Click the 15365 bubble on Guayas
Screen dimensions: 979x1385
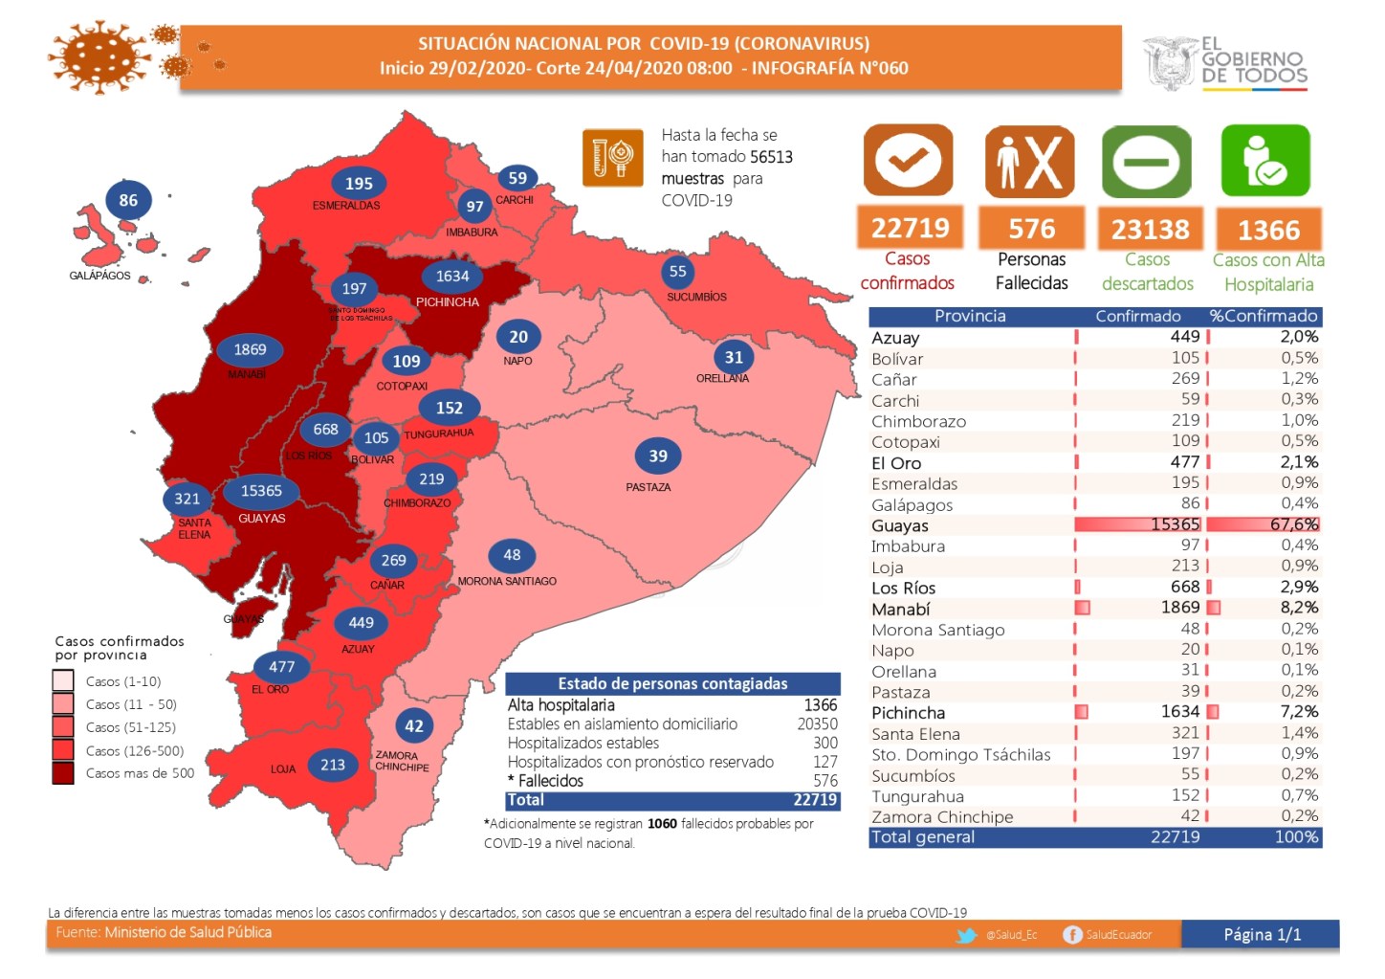coord(261,491)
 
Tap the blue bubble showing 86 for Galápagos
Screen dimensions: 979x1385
coord(128,200)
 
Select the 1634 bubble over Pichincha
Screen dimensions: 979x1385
coord(452,277)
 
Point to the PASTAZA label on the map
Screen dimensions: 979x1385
coord(649,487)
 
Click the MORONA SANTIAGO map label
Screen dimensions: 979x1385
coord(507,581)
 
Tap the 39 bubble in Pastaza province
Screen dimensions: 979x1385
coord(658,456)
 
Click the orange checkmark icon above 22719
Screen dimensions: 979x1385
coord(909,161)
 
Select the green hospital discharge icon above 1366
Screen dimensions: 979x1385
coord(1265,161)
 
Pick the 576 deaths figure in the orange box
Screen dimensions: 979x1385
coord(1031,229)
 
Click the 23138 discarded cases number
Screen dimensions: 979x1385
coord(1150,230)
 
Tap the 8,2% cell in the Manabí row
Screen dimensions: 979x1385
coord(1300,608)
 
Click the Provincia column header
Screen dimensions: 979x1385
coord(970,316)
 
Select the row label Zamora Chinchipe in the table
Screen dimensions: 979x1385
coord(942,816)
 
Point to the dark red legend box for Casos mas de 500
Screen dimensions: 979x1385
coord(63,773)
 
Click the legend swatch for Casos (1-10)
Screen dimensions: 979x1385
coord(63,680)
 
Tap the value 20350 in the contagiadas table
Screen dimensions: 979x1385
coord(817,724)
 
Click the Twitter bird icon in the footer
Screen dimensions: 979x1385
coord(967,935)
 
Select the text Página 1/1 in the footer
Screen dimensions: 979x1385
coord(1262,935)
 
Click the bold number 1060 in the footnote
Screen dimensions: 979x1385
coord(662,823)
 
